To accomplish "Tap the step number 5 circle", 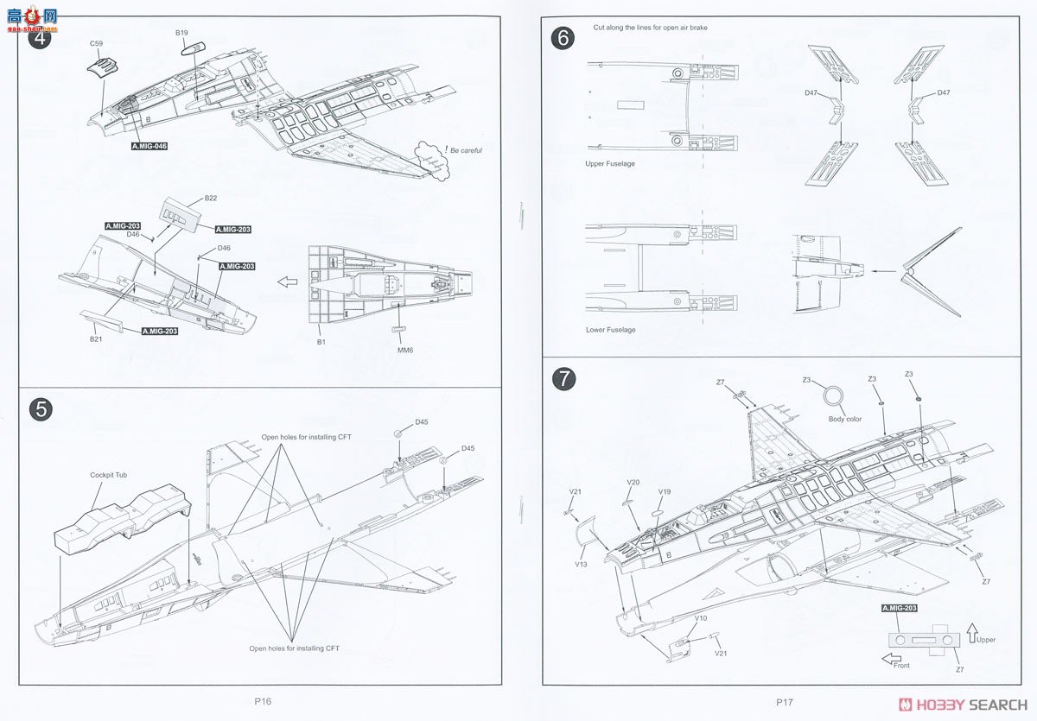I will click(40, 409).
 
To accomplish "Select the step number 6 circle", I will click(561, 38).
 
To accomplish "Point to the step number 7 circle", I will click(563, 378).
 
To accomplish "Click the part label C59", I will click(96, 43).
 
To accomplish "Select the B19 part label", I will click(181, 33).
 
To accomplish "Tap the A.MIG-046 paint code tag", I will click(149, 146).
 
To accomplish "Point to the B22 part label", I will click(211, 199).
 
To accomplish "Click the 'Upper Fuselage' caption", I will click(610, 163).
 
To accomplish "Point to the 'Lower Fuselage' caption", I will click(610, 330).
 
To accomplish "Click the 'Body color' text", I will click(845, 419).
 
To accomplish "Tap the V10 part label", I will click(701, 618).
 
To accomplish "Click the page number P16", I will click(263, 702).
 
